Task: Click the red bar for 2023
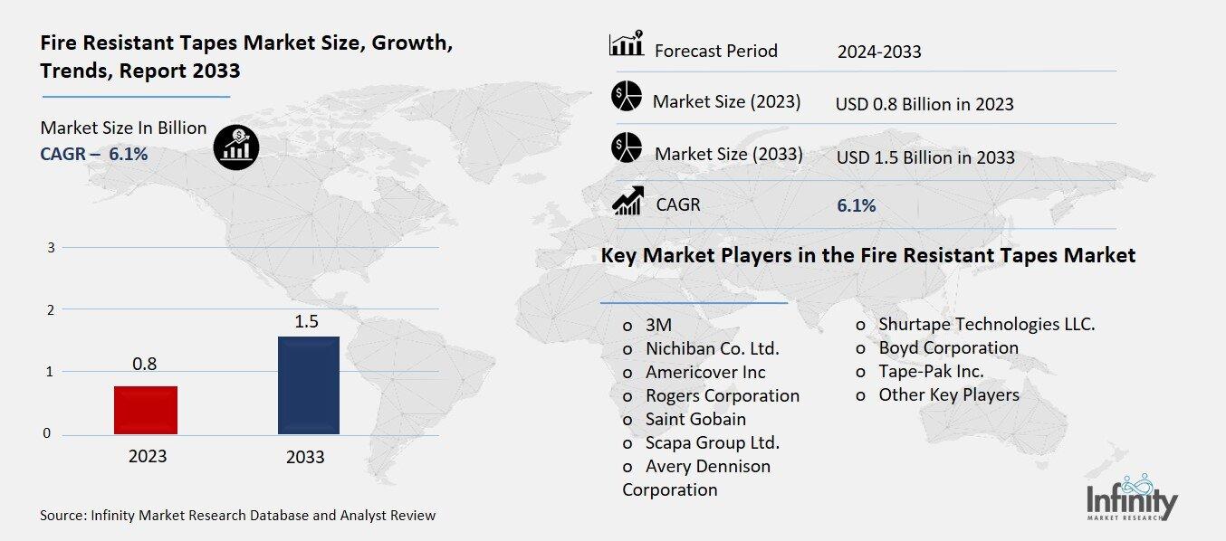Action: (x=146, y=410)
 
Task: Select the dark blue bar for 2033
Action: (x=308, y=385)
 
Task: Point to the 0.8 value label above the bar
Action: (x=145, y=365)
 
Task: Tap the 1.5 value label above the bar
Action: (x=308, y=320)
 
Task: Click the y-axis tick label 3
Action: (x=51, y=247)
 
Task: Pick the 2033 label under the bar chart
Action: (x=305, y=456)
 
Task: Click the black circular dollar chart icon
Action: (x=235, y=146)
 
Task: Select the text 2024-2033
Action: (x=879, y=52)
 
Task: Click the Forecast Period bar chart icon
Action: (x=627, y=44)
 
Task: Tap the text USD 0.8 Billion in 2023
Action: (x=924, y=104)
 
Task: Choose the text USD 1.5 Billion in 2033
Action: (x=925, y=157)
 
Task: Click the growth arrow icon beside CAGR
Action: (x=627, y=201)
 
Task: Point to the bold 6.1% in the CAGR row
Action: (x=857, y=205)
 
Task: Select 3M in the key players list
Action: (x=658, y=325)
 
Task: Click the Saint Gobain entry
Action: (x=695, y=419)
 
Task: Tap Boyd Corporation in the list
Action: (x=948, y=347)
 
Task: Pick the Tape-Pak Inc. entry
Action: (x=931, y=371)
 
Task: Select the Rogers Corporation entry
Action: (x=722, y=395)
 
